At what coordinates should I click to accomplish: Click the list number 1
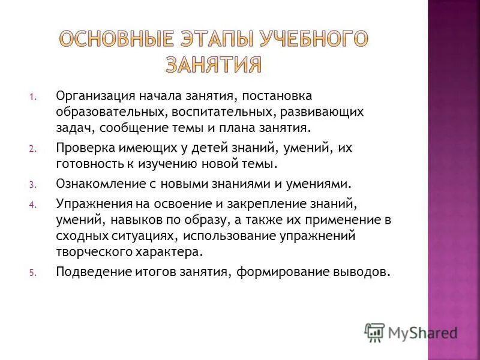tap(33, 96)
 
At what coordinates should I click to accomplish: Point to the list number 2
tap(33, 148)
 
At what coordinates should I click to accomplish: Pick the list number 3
tap(33, 184)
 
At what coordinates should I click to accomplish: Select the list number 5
tap(33, 272)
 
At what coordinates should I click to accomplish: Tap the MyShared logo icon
tap(374, 332)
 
